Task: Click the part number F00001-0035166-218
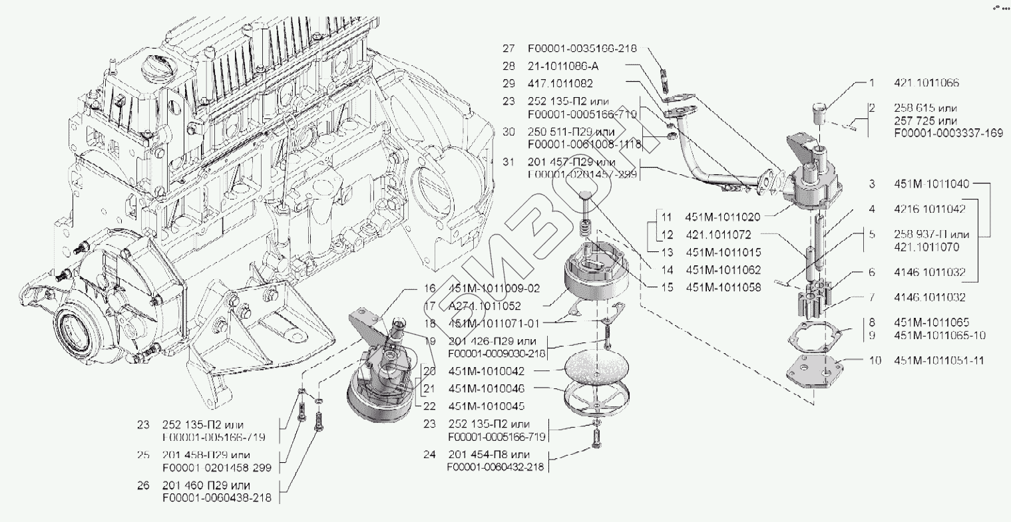582,49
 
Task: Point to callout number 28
509,66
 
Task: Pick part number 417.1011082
560,84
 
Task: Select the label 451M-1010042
488,370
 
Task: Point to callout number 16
429,289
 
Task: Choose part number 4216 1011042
930,208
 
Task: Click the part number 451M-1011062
723,270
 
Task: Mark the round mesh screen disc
596,365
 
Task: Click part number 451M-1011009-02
494,289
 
